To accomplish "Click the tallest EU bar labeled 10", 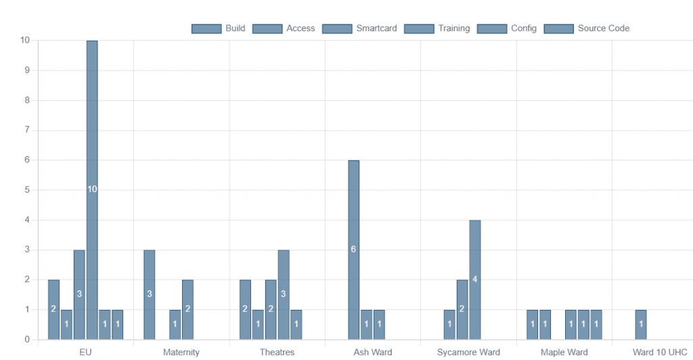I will tap(92, 189).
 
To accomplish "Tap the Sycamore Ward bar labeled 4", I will tap(475, 279).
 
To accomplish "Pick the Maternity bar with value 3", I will tap(149, 294).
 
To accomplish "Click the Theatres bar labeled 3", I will tap(284, 294).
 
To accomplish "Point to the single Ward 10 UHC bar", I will tap(641, 324).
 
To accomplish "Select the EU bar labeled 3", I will tap(79, 294).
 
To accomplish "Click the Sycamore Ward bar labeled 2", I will tap(462, 309).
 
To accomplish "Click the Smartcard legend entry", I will tap(359, 28).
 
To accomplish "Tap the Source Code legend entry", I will tap(587, 28).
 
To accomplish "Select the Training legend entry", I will tap(437, 28).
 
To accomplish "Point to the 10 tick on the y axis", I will tap(25, 41).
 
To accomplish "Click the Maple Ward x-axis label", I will tap(564, 353).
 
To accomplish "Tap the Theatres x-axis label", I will tap(277, 353).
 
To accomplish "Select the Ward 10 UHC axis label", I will tap(660, 353).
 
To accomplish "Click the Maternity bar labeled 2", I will tap(187, 309).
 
